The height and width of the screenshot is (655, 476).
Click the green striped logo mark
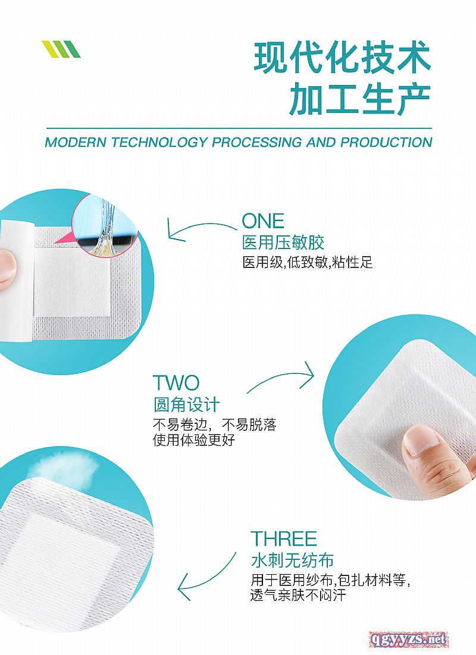click(x=61, y=49)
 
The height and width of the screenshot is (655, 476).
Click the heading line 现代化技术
click(x=342, y=58)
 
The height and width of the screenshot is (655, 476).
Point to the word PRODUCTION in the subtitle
click(x=386, y=143)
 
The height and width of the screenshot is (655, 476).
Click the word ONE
click(x=263, y=221)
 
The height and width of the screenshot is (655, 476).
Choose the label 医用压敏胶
click(x=283, y=243)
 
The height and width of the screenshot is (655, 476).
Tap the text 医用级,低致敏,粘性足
click(x=308, y=263)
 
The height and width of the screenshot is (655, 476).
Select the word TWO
click(x=176, y=382)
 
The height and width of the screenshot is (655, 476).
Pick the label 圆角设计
click(x=187, y=405)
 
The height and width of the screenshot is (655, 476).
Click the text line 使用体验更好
click(x=194, y=440)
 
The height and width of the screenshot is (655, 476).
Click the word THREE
click(x=284, y=539)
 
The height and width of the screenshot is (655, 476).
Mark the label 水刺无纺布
click(x=292, y=560)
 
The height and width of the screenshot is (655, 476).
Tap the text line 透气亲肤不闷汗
click(x=298, y=595)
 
